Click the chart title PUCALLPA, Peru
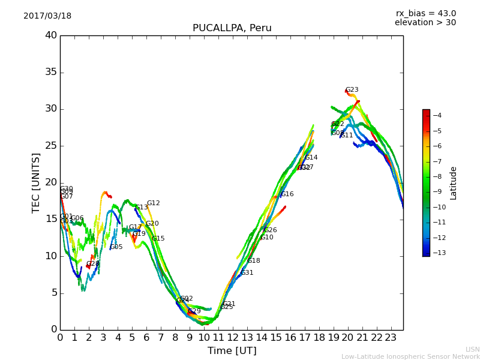pyautogui.click(x=232, y=28)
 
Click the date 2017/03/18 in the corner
pyautogui.click(x=47, y=16)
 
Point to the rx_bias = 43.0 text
pyautogui.click(x=425, y=14)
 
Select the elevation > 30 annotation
pyautogui.click(x=425, y=23)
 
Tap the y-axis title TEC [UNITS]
pyautogui.click(x=36, y=182)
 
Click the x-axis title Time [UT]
pyautogui.click(x=232, y=350)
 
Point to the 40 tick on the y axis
pyautogui.click(x=51, y=35)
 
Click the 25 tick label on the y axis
pyautogui.click(x=51, y=146)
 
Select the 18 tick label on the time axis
pyautogui.click(x=319, y=338)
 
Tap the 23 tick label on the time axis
pyautogui.click(x=391, y=338)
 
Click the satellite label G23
pyautogui.click(x=352, y=90)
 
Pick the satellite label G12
pyautogui.click(x=153, y=203)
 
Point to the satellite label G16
pyautogui.click(x=287, y=194)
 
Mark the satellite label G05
pyautogui.click(x=116, y=247)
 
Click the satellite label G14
pyautogui.click(x=311, y=158)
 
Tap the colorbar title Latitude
pyautogui.click(x=454, y=183)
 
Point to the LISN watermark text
pyautogui.click(x=472, y=349)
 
